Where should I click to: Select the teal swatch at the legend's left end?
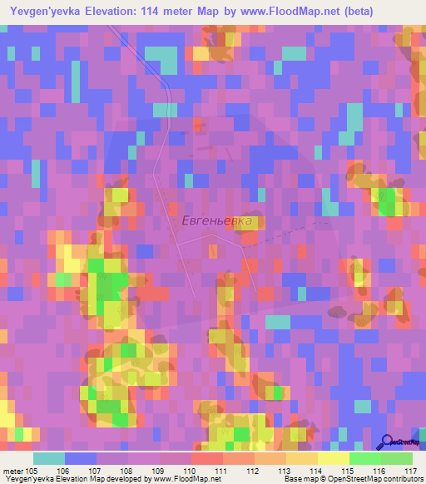point(49,459)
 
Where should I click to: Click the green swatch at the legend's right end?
point(397,459)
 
